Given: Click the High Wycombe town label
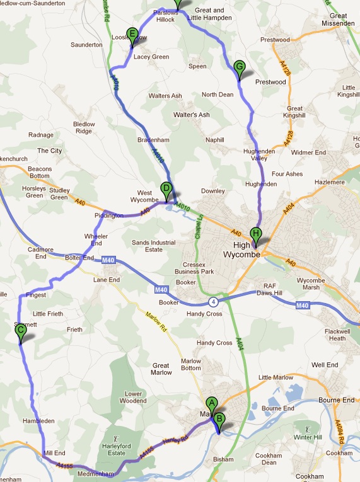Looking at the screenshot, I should click(x=243, y=250).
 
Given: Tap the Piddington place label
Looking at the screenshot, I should click(x=109, y=215).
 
